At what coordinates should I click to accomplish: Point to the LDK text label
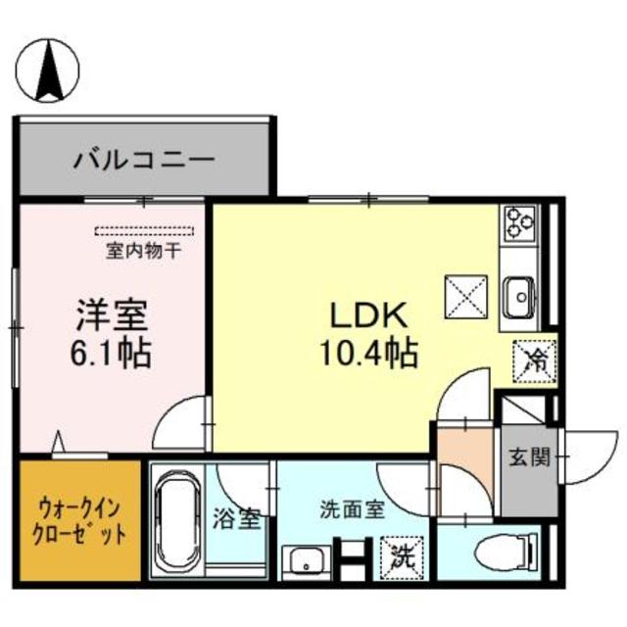coord(360,316)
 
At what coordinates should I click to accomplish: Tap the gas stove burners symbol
coord(516,226)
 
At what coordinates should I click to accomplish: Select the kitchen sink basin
coord(516,291)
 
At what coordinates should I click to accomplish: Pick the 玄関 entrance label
coord(526,458)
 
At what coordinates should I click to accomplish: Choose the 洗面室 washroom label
coord(351,509)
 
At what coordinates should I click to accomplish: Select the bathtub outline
coord(180,519)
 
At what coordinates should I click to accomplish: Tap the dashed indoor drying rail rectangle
coord(146,232)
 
